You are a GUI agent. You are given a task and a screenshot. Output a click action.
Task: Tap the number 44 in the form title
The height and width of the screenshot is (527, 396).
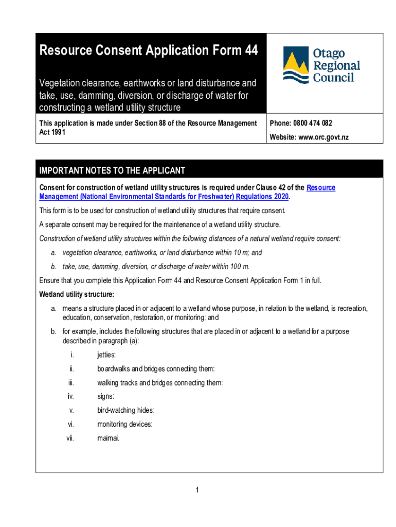(x=247, y=50)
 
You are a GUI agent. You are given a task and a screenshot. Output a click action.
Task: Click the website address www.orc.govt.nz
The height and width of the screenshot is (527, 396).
(x=325, y=137)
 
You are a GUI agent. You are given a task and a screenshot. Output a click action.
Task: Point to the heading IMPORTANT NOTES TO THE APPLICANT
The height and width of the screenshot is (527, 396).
(x=112, y=171)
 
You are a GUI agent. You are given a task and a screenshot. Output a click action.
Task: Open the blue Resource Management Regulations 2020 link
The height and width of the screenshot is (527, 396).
(x=164, y=197)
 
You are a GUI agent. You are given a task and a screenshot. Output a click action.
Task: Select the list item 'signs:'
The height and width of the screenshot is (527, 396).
(x=106, y=396)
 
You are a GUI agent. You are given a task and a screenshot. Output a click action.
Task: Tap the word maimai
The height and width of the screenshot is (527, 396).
(x=108, y=438)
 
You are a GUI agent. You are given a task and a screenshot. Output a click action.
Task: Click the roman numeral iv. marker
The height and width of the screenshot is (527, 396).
(x=70, y=396)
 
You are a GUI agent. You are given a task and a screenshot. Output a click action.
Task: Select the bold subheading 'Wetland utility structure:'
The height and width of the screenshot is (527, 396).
(x=77, y=294)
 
